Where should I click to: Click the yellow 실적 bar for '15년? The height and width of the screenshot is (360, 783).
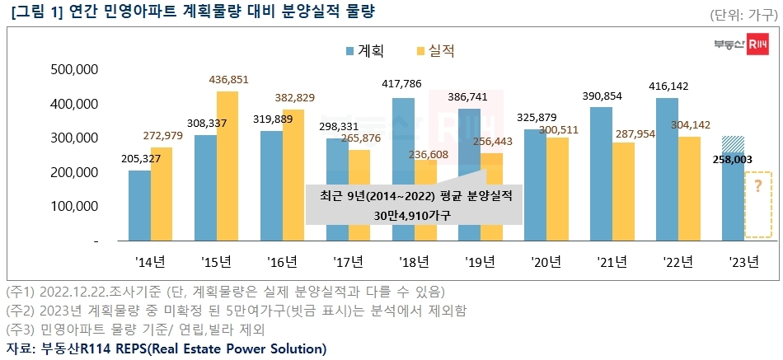[x=227, y=166]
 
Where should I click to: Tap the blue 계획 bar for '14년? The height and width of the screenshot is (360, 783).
[x=139, y=205]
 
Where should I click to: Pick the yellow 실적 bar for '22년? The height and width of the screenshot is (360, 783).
[x=689, y=189]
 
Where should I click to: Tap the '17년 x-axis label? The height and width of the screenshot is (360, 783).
[x=348, y=263]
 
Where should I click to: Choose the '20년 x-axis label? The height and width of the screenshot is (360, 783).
[x=546, y=263]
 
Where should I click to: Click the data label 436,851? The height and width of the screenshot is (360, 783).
[x=227, y=80]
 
